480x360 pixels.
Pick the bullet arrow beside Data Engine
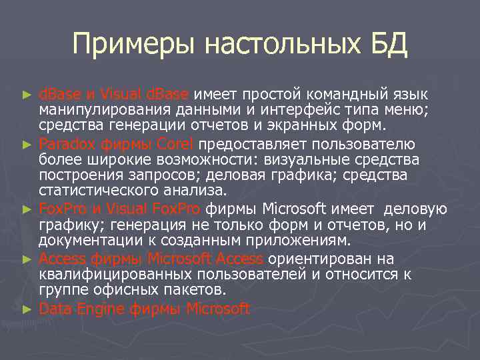(x=27, y=309)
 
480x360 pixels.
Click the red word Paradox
(x=67, y=144)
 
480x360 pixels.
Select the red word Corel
(x=175, y=144)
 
